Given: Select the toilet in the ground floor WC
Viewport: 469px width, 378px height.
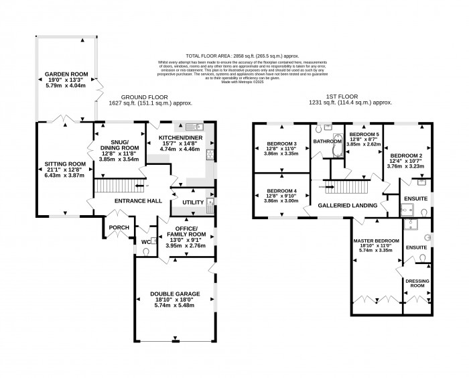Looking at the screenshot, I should pos(148,251).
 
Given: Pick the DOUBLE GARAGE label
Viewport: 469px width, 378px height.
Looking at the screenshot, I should pos(172,294).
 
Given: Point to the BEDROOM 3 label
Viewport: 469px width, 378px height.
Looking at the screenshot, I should pos(281,143).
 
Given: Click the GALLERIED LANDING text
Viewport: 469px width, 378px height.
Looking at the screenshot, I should pos(346,206).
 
